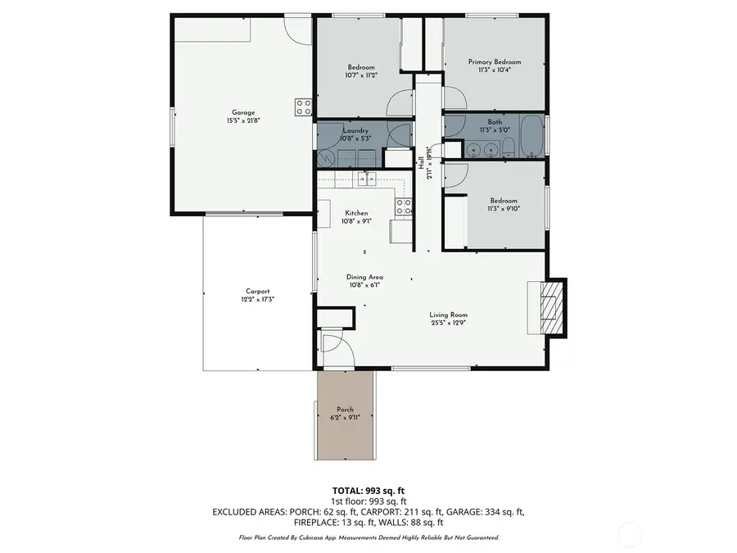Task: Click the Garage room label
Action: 242,112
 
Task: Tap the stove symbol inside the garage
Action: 303,107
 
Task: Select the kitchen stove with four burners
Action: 403,207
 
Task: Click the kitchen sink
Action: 364,178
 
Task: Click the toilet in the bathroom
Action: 508,148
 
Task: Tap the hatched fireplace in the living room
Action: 554,305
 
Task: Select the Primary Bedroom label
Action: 494,61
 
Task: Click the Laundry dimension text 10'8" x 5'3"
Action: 355,138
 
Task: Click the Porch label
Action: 345,410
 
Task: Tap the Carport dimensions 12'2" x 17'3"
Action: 258,300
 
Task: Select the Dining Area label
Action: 365,277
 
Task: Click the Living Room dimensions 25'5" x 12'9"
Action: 448,323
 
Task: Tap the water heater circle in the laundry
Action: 396,136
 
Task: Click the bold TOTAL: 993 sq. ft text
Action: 368,489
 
